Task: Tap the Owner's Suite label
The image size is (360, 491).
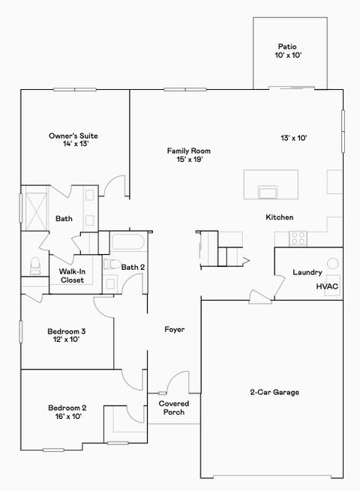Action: pyautogui.click(x=73, y=139)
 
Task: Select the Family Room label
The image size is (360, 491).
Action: pyautogui.click(x=189, y=154)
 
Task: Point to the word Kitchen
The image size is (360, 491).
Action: pyautogui.click(x=279, y=217)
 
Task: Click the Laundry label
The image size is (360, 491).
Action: pyautogui.click(x=307, y=273)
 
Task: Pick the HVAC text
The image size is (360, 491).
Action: pyautogui.click(x=327, y=286)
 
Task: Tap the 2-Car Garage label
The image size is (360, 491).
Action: pyautogui.click(x=274, y=392)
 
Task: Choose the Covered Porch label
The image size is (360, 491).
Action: pyautogui.click(x=174, y=408)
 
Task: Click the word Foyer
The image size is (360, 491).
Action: pyautogui.click(x=175, y=329)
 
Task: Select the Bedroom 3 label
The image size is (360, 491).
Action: pyautogui.click(x=67, y=335)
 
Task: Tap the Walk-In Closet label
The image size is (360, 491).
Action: pyautogui.click(x=72, y=276)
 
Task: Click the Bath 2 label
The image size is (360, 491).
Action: pyautogui.click(x=133, y=267)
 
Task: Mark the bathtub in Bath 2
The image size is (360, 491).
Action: pyautogui.click(x=129, y=243)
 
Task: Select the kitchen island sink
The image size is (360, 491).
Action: pyautogui.click(x=267, y=193)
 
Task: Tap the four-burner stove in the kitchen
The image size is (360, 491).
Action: pyautogui.click(x=298, y=238)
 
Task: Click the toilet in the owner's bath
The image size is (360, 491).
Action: pyautogui.click(x=34, y=265)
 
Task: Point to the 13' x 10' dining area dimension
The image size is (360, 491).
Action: pyautogui.click(x=295, y=138)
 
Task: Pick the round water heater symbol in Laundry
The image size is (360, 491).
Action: pyautogui.click(x=333, y=264)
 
